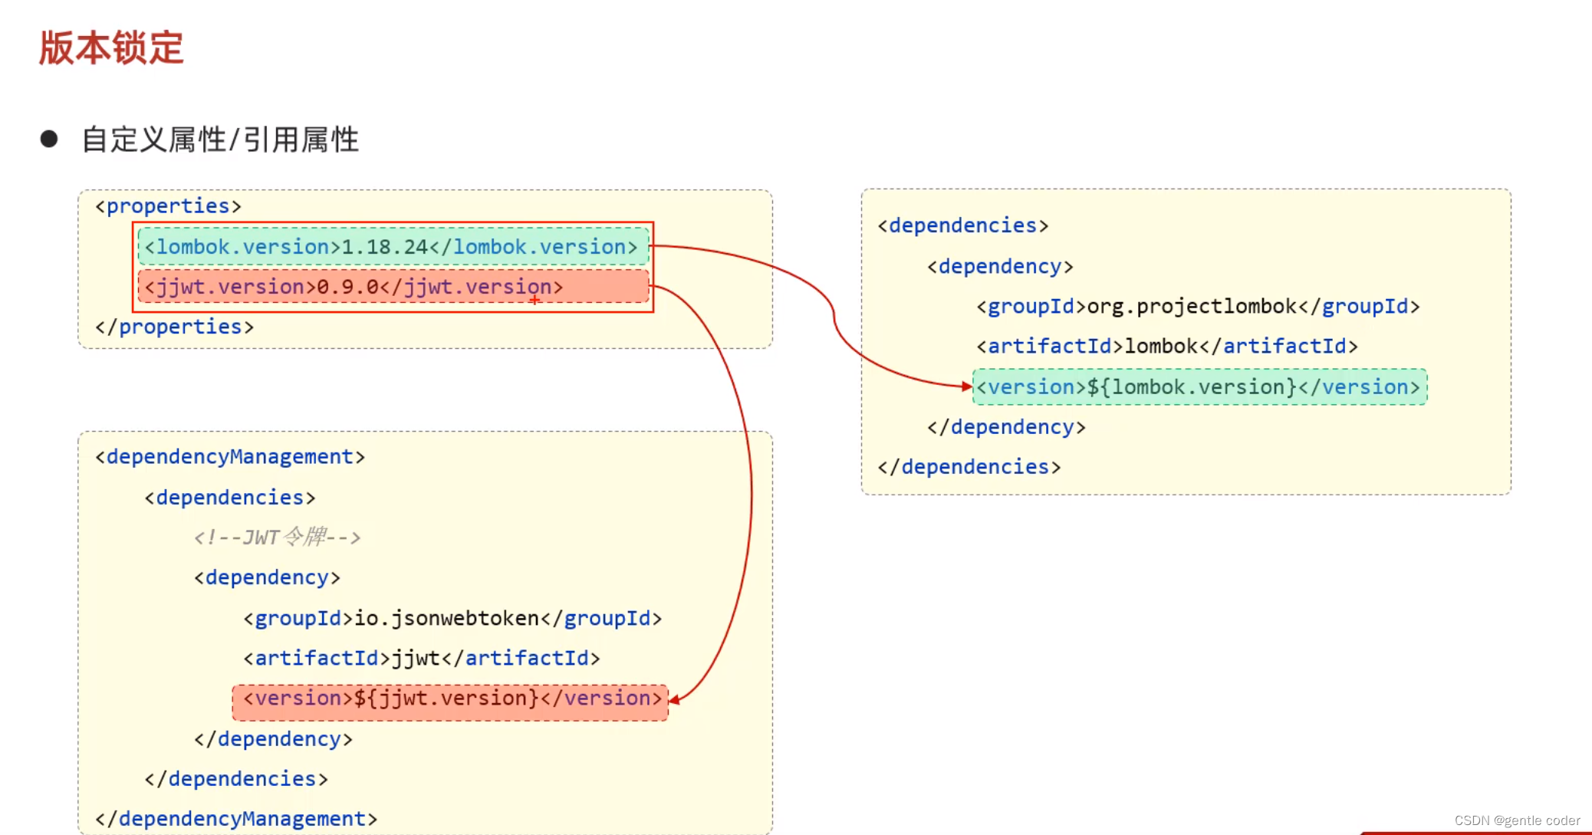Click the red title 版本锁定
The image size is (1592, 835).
[111, 48]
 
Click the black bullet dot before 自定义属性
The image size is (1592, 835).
[49, 139]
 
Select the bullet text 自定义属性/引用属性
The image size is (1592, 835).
[220, 140]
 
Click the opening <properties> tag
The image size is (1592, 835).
[168, 206]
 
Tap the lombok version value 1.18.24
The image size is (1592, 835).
[384, 247]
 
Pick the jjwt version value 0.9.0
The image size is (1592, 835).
[347, 287]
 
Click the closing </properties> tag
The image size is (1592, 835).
[174, 327]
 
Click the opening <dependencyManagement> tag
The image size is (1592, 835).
[230, 457]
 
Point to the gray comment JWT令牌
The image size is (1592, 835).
[278, 537]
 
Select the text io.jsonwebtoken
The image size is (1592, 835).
[446, 618]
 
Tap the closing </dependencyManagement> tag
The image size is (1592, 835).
[236, 819]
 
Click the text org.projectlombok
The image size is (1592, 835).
[1192, 307]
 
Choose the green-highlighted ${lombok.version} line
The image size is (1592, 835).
[1199, 387]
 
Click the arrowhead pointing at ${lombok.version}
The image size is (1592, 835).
[967, 386]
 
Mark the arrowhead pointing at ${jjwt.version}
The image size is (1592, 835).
[674, 699]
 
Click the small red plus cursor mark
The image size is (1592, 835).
[535, 301]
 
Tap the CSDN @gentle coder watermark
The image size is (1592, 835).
[1517, 820]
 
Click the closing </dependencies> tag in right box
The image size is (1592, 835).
[969, 467]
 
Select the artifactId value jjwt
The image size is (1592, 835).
[416, 659]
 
